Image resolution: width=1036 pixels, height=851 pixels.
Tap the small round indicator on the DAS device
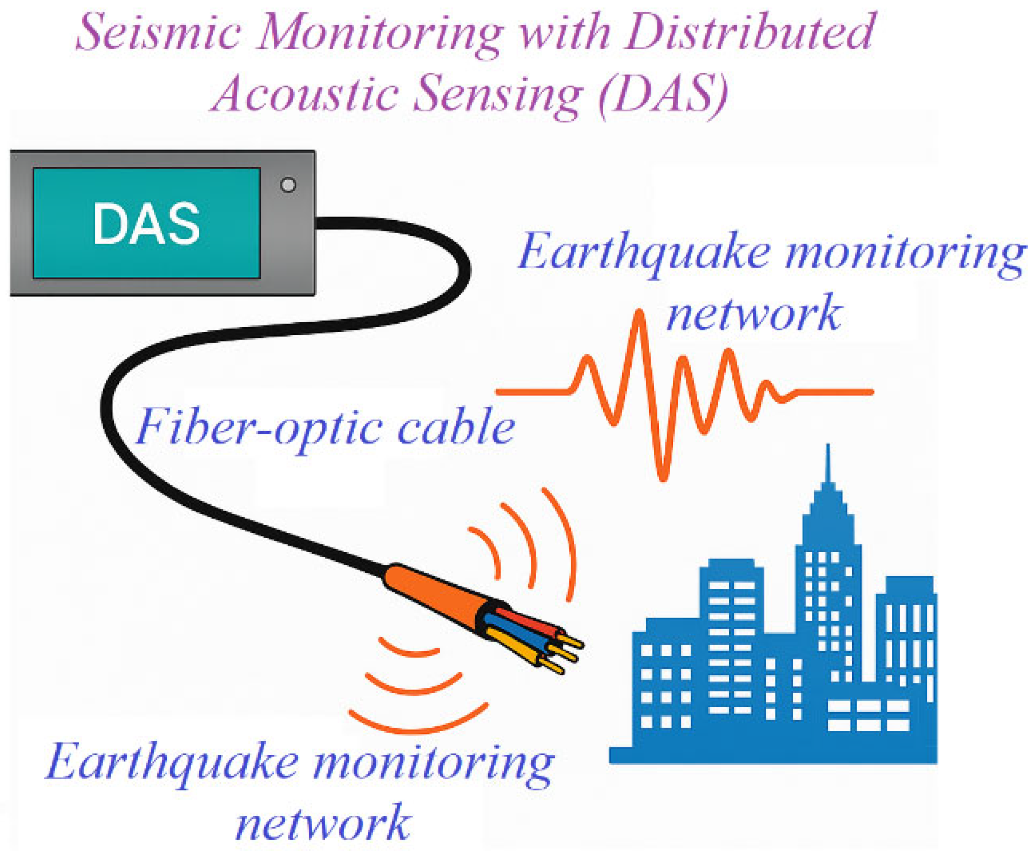pyautogui.click(x=288, y=185)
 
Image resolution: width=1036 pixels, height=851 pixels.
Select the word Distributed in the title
pyautogui.click(x=750, y=33)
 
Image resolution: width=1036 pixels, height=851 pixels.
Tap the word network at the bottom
pyautogui.click(x=323, y=823)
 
